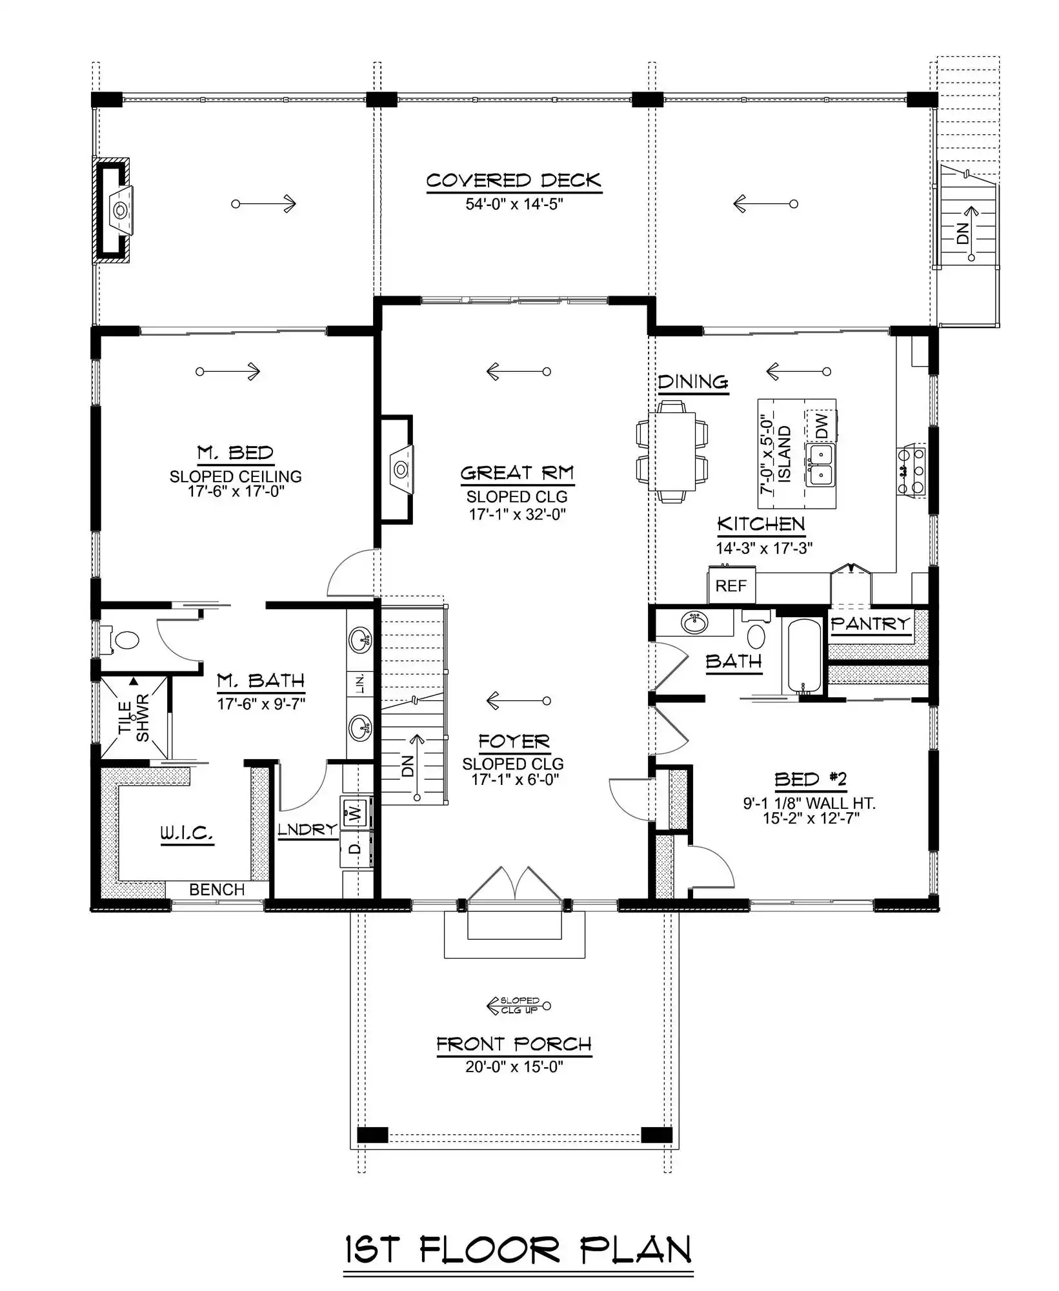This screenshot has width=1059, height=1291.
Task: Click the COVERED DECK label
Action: point(514,181)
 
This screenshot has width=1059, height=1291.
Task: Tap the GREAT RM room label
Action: point(517,473)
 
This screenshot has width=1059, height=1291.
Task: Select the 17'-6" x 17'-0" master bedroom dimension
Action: point(236,491)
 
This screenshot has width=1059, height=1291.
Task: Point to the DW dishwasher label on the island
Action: point(821,426)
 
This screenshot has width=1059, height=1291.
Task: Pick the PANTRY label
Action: point(871,624)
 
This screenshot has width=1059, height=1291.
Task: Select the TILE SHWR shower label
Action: point(134,717)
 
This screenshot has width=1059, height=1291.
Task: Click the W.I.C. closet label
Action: point(187,833)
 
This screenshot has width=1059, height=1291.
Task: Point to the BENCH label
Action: point(217,889)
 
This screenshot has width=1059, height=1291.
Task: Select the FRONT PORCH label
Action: point(514,1044)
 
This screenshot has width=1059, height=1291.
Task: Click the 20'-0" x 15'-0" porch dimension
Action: point(514,1066)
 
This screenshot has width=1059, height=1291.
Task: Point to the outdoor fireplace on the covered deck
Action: point(112,210)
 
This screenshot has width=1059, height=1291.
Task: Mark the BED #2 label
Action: point(810,780)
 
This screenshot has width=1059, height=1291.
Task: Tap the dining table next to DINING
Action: point(672,450)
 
